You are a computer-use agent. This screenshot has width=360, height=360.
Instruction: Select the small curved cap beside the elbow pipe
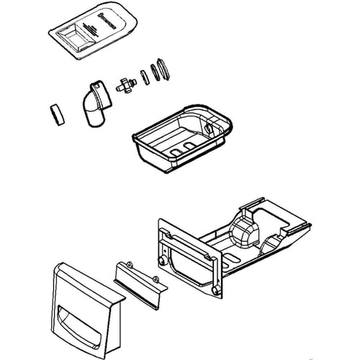[x=55, y=113]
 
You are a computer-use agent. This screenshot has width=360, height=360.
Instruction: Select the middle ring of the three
[x=152, y=73]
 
